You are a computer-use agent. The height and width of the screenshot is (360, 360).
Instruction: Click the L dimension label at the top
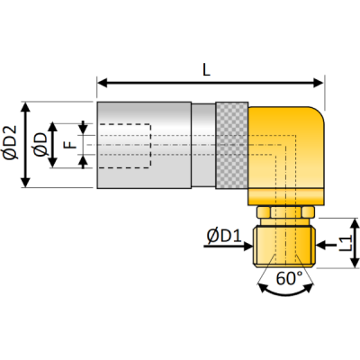click(209, 67)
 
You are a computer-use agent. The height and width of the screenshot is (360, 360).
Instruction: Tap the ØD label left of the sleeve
click(40, 144)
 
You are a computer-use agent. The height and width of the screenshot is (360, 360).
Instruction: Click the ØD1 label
click(221, 238)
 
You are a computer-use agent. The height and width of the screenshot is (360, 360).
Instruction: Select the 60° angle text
click(288, 280)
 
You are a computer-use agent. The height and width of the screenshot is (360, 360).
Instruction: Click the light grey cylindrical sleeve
click(144, 144)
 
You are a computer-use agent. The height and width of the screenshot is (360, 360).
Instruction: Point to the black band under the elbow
click(284, 196)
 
